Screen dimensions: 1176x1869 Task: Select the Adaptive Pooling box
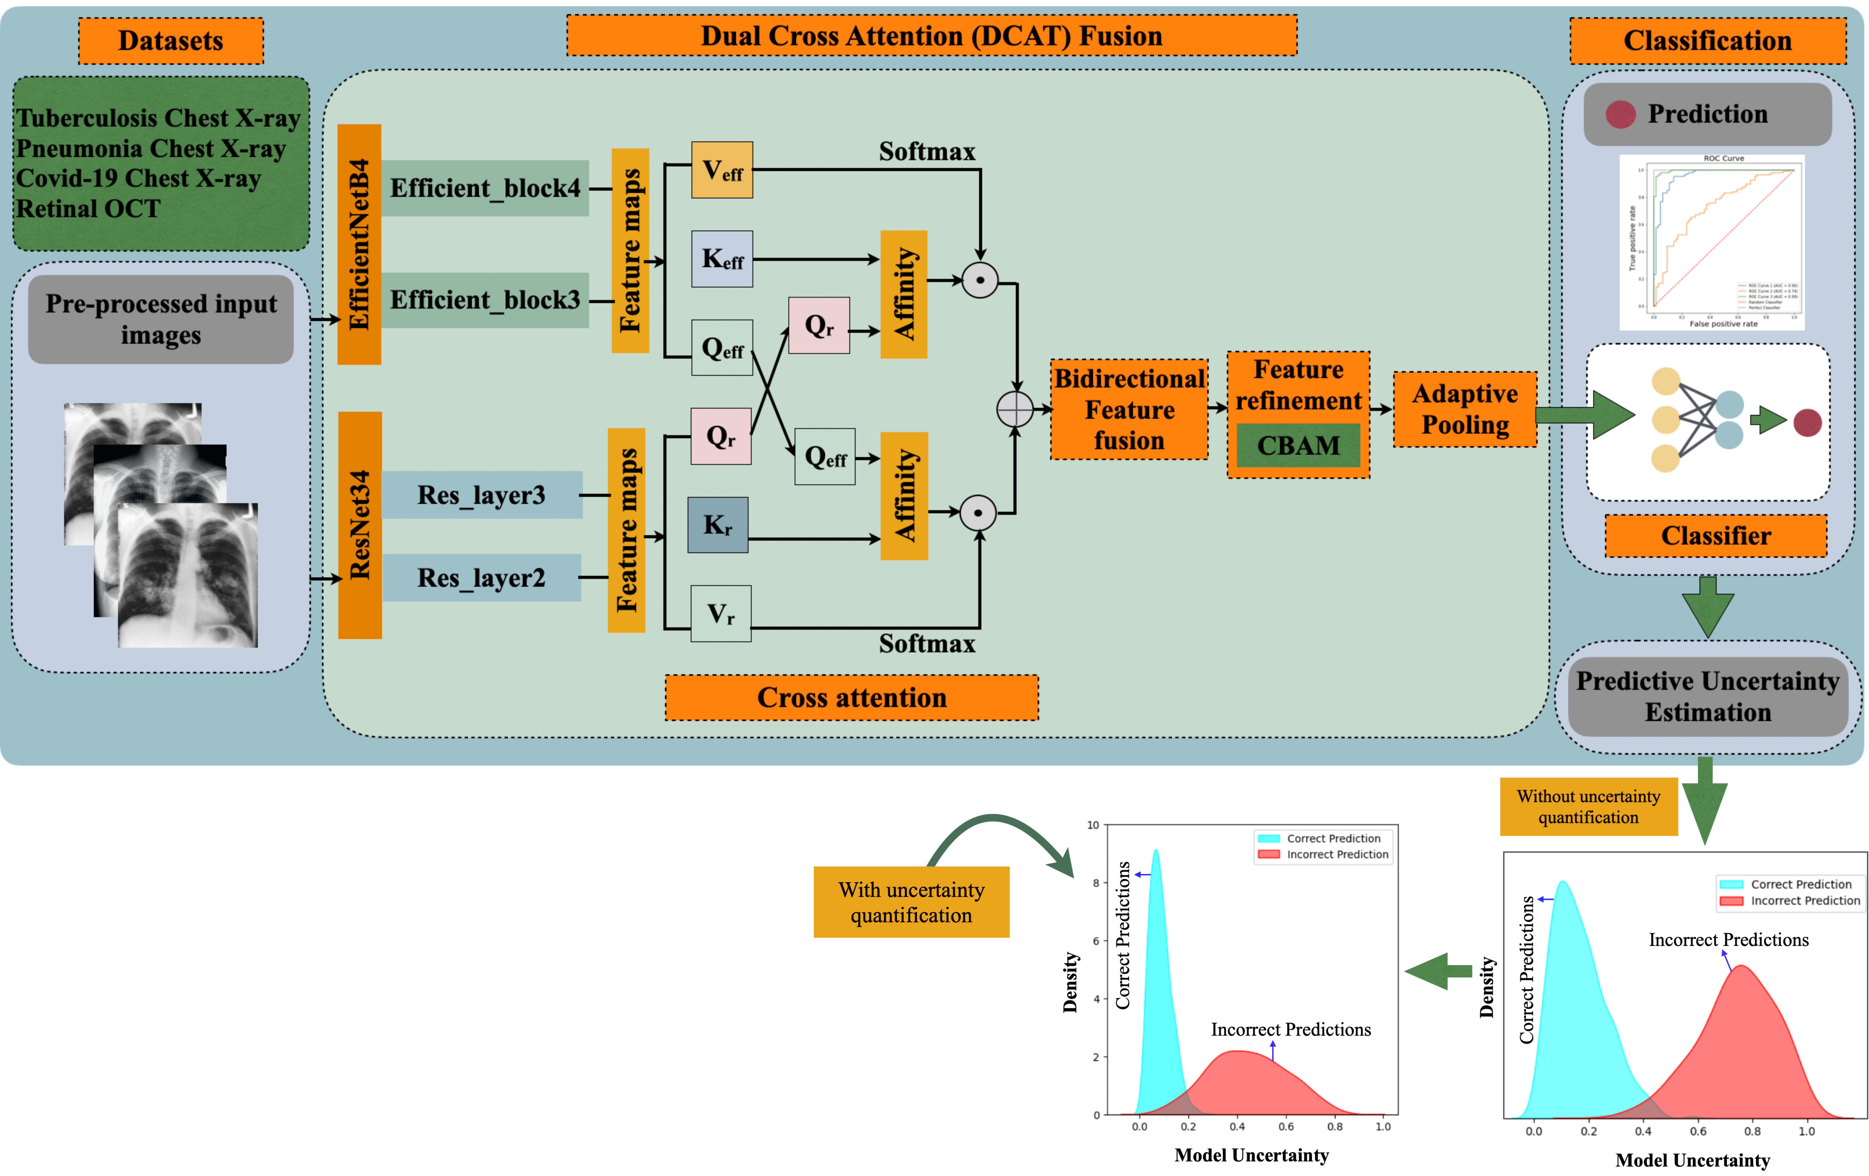[1465, 409]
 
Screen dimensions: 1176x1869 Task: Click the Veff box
[722, 170]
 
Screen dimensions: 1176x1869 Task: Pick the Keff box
[722, 258]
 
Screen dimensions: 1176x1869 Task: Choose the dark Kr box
[718, 525]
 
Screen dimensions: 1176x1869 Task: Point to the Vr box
[721, 613]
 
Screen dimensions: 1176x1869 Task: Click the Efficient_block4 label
[485, 188]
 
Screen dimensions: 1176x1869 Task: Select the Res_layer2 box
[481, 578]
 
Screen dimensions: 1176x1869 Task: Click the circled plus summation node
[1014, 409]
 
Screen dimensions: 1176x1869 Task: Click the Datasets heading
[171, 40]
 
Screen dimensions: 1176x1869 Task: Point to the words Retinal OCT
[89, 209]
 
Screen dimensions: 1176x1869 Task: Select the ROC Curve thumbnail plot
[1712, 242]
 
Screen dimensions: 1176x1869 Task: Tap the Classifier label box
[1715, 536]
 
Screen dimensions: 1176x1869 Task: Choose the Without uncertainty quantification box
[1588, 807]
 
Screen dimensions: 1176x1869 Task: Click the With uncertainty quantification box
[911, 902]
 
